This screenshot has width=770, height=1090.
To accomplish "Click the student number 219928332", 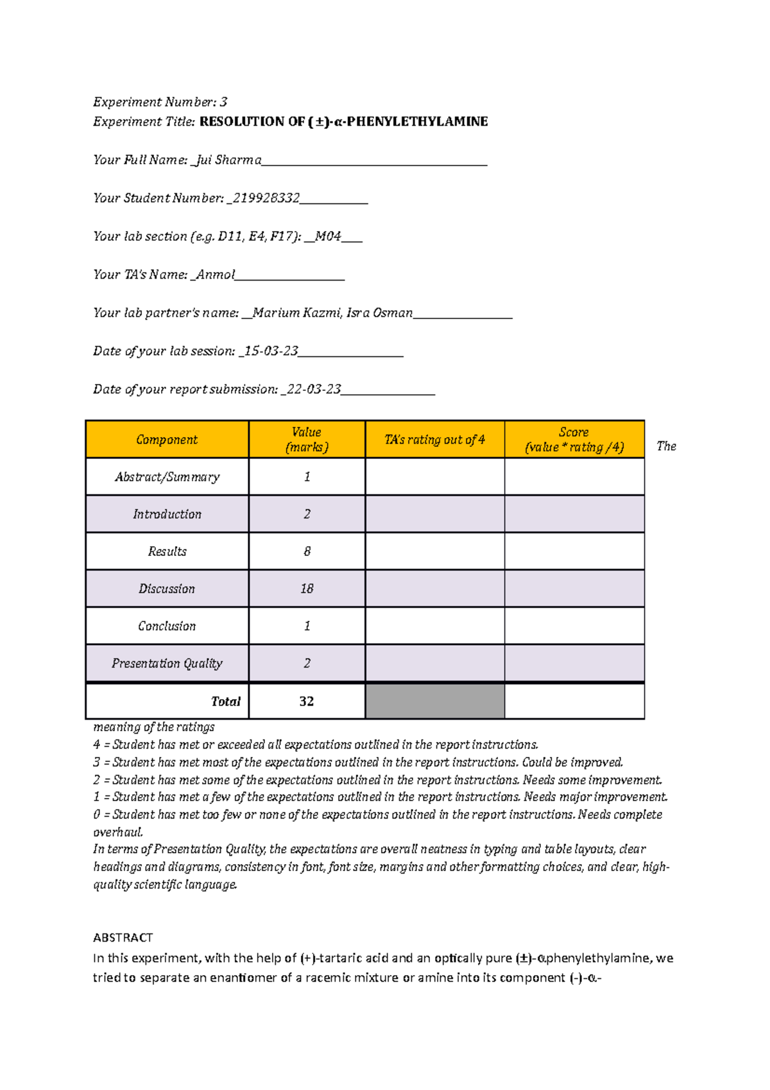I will [x=266, y=198].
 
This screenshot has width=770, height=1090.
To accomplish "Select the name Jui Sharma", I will [x=228, y=160].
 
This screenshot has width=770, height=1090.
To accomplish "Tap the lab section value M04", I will [x=328, y=236].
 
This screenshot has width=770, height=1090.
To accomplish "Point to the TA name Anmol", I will [x=216, y=275].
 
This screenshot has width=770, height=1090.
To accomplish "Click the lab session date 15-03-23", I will [x=271, y=351].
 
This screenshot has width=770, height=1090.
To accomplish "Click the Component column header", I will [x=167, y=440].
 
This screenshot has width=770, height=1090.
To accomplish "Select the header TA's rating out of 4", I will [x=434, y=440].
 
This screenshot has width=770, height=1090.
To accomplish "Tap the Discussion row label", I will [x=167, y=589].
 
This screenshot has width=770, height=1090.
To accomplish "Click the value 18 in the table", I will [x=307, y=589].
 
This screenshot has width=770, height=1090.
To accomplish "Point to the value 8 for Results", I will [x=307, y=551].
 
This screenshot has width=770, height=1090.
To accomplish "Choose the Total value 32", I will [x=307, y=701].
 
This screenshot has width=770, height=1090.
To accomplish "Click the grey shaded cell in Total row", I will [x=434, y=701].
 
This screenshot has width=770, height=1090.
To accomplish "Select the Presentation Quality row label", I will [x=167, y=663].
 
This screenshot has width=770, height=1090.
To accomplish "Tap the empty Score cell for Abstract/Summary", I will [x=574, y=477].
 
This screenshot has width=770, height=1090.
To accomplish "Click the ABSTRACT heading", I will [x=123, y=938].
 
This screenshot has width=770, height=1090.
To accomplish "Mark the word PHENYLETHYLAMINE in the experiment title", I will [x=417, y=122].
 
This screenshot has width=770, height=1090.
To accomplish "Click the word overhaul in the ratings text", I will [x=117, y=833].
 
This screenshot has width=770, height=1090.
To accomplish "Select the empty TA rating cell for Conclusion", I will [x=434, y=626].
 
